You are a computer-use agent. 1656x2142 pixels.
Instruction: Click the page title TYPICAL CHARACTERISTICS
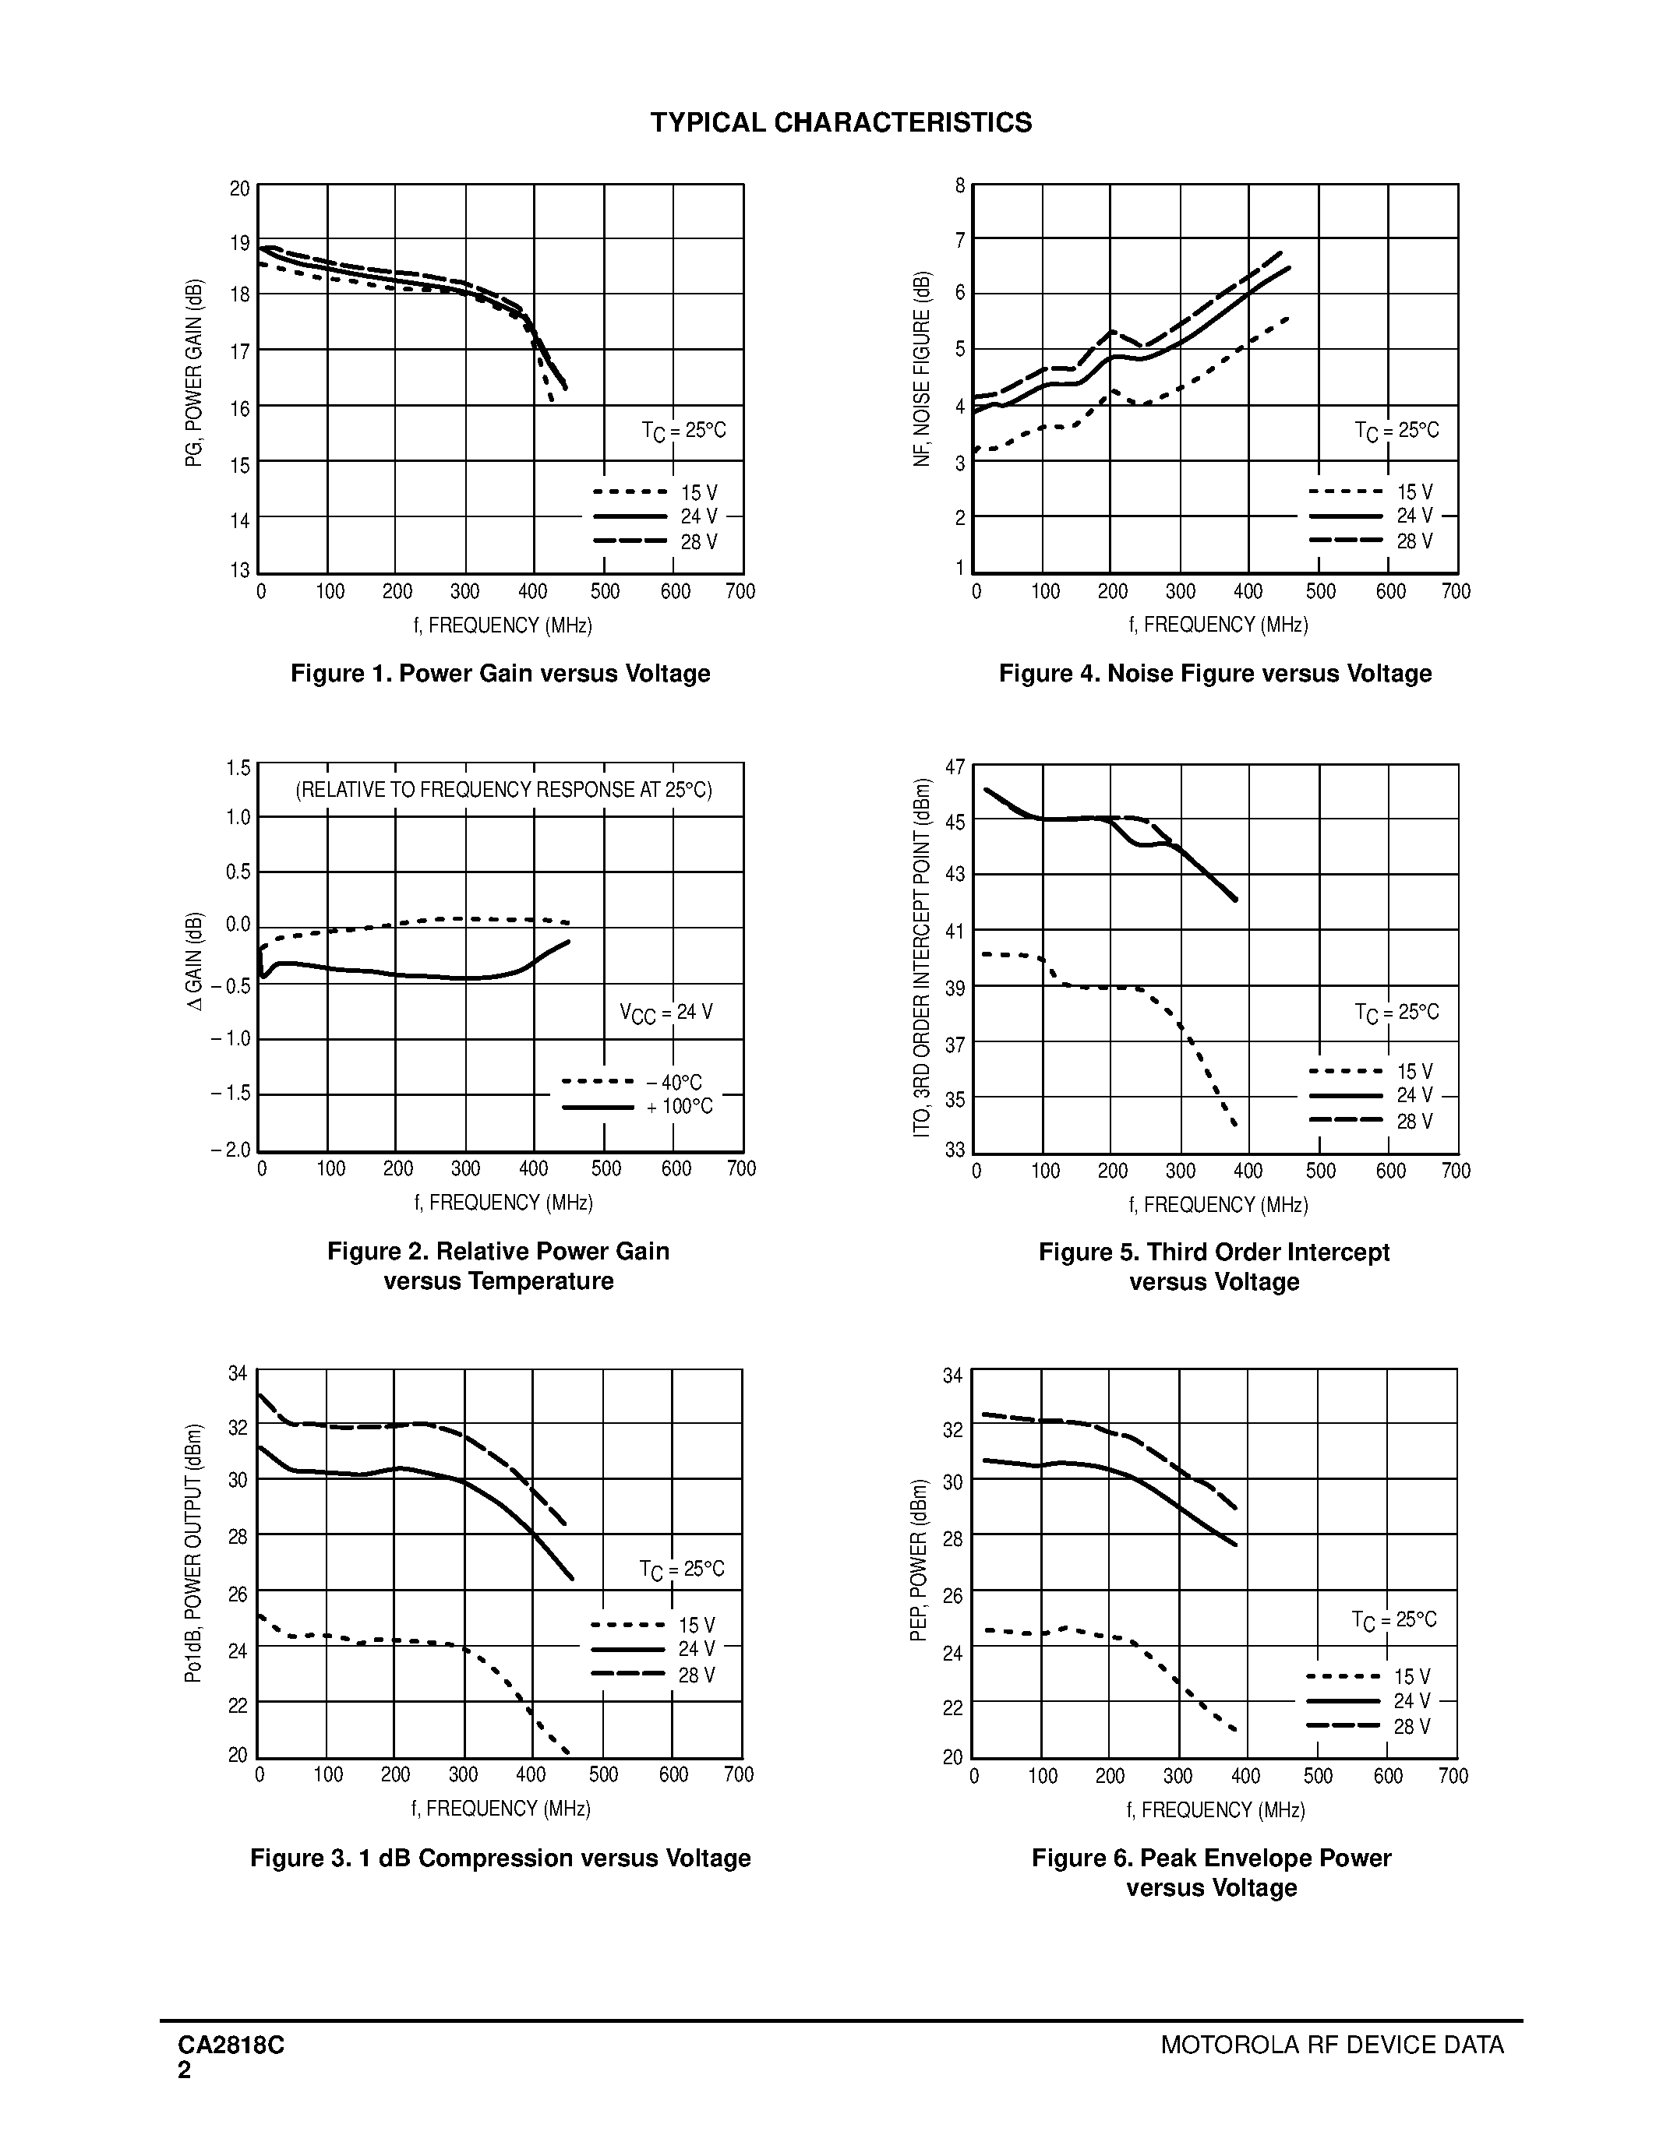[841, 122]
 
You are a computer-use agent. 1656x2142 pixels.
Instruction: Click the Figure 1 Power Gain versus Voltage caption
[500, 674]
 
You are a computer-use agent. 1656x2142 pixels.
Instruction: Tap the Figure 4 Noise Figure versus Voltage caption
[1215, 674]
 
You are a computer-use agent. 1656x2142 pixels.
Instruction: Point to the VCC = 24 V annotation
[666, 1012]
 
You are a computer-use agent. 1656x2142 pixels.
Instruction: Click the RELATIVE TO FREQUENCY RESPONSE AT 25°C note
[503, 790]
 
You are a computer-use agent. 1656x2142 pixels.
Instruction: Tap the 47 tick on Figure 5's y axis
[955, 767]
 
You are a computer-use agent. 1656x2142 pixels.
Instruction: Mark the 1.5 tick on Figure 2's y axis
[238, 768]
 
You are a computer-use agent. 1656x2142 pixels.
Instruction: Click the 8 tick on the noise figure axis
[960, 185]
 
